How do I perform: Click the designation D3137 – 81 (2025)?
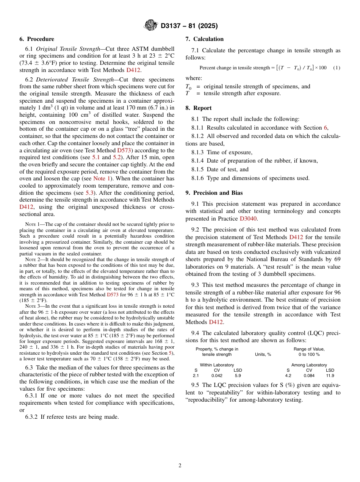coord(189,26)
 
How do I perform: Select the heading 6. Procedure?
coord(37,39)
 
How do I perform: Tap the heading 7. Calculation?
coord(205,39)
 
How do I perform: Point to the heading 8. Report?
coord(199,108)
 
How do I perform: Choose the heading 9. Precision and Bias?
coord(214,193)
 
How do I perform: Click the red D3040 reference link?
coord(247,219)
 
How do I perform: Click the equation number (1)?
coord(337,68)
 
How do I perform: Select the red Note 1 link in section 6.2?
coord(99,178)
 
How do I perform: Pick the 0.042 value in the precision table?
coord(217,376)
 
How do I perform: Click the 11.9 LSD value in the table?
coord(330,376)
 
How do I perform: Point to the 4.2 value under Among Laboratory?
coord(288,376)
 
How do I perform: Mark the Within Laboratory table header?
coord(217,365)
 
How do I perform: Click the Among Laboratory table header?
coord(309,365)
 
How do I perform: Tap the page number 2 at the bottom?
coord(180,466)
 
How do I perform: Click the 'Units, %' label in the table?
coord(263,354)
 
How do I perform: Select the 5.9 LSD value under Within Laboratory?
coord(238,376)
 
